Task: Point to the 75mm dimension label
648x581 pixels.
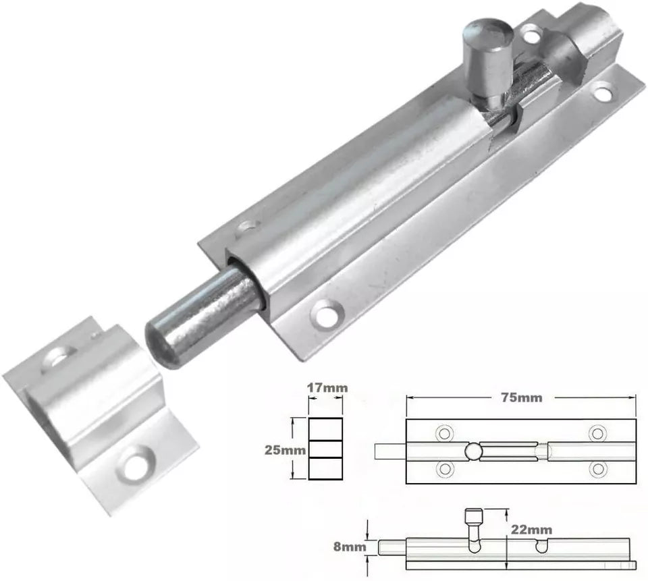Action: click(520, 397)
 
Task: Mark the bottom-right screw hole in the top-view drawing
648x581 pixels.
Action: click(597, 468)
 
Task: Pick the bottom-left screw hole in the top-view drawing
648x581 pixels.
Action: click(444, 468)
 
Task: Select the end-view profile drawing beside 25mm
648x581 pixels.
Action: click(325, 448)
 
